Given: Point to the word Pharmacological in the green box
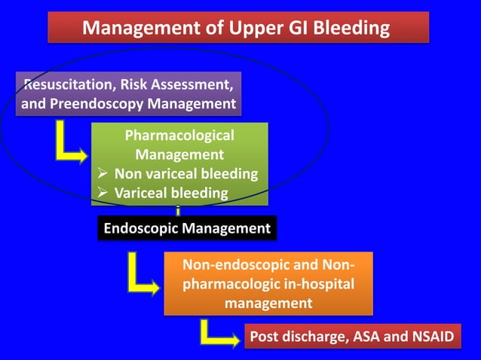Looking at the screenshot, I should pyautogui.click(x=179, y=136).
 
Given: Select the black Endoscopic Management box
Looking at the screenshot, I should pyautogui.click(x=187, y=228).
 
